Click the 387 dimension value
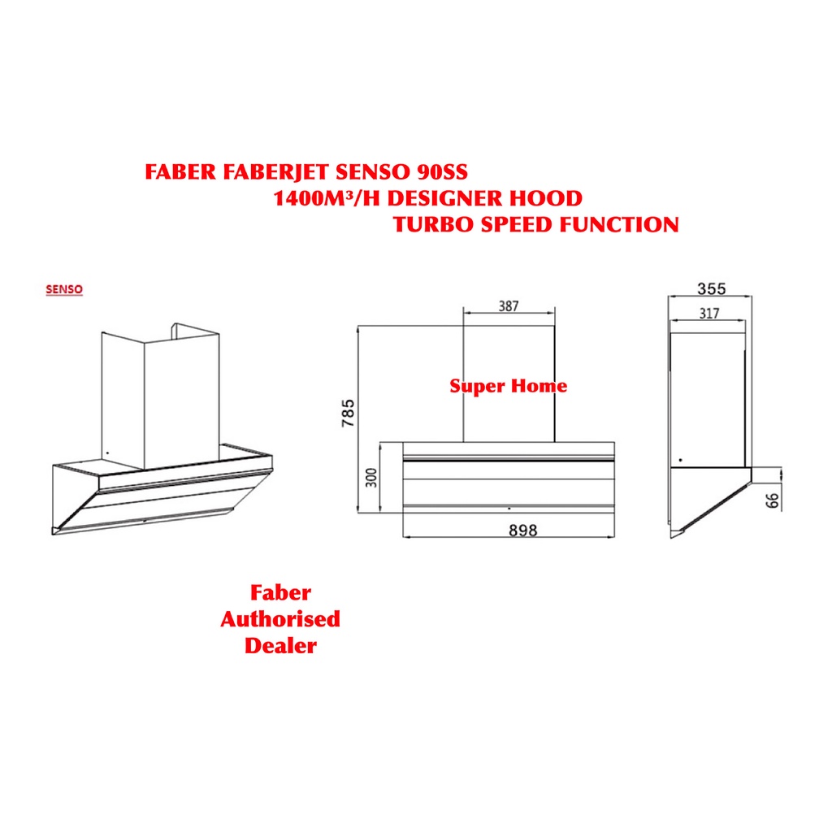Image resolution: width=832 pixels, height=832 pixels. coord(508,306)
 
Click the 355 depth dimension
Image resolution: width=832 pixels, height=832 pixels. coord(711,288)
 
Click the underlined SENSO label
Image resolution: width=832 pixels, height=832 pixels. coord(64,288)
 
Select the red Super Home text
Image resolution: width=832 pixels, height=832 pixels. coord(509,385)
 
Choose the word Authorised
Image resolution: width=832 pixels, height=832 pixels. coord(280,619)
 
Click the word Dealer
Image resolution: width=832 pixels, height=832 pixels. coord(280,646)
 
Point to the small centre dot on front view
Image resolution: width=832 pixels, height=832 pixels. coord(509,507)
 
